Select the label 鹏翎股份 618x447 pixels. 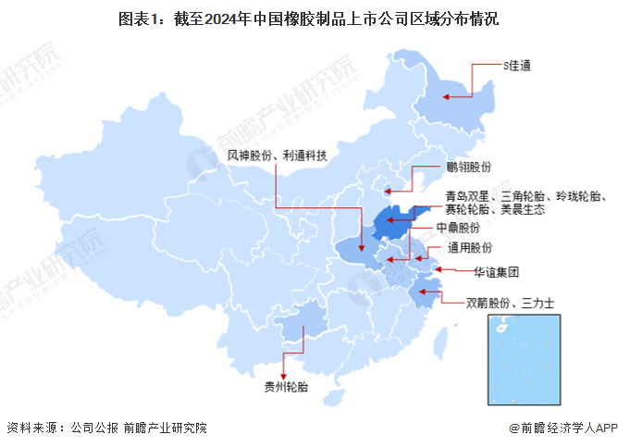point(468,168)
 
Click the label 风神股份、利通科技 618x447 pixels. point(278,156)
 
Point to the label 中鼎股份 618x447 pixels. point(462,227)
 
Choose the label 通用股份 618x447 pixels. point(470,247)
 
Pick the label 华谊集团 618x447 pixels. point(497,272)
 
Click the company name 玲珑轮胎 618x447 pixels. point(578,196)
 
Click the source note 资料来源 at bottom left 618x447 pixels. point(106,428)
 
